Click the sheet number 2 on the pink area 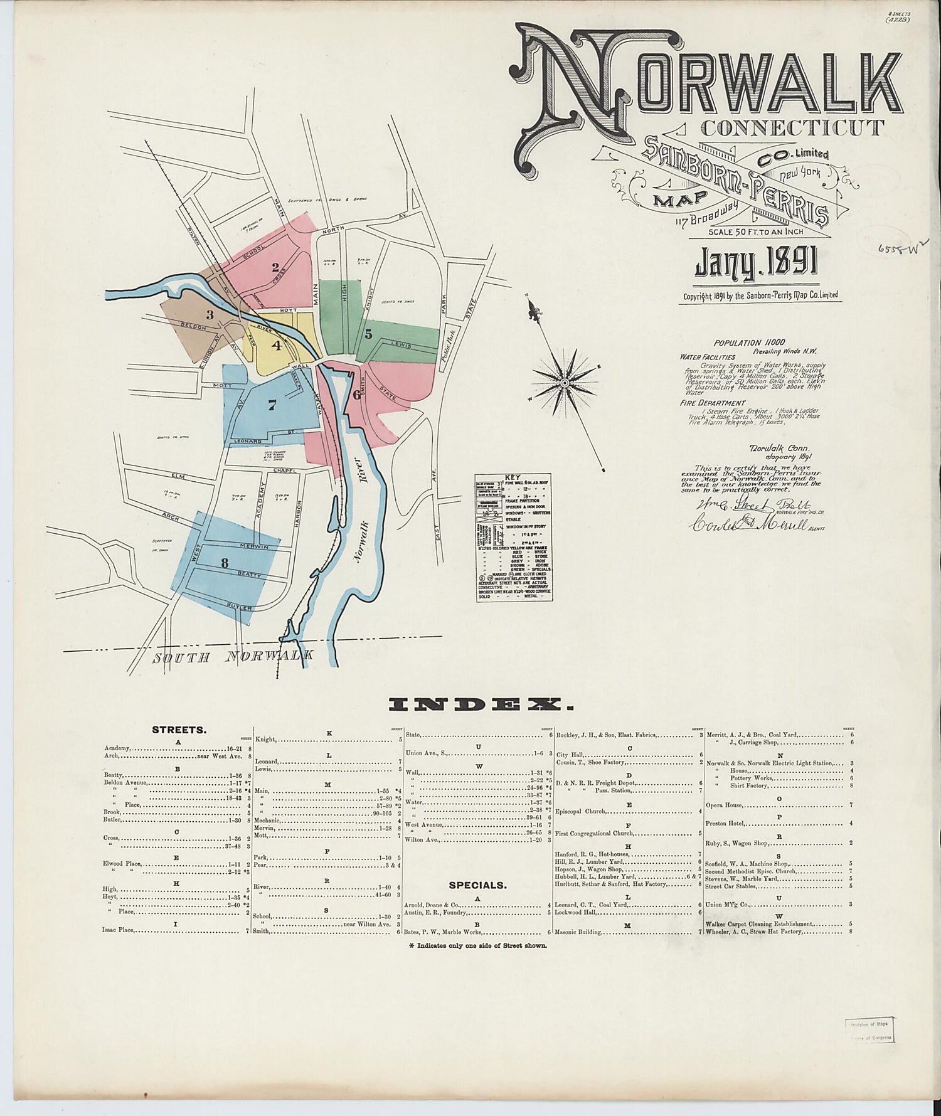(275, 267)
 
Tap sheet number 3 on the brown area (210, 314)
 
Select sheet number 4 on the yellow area (275, 344)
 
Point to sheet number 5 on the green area (368, 334)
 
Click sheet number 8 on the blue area (224, 563)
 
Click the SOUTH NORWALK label (233, 657)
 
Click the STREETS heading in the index (179, 730)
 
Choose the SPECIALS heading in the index (477, 885)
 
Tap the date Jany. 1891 (756, 263)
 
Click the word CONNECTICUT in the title (792, 127)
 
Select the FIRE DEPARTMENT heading (713, 403)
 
